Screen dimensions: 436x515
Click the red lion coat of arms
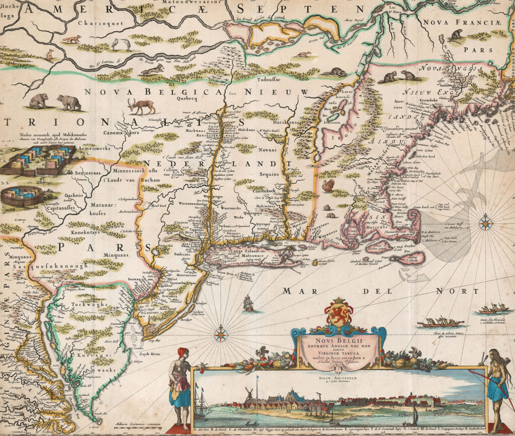338,313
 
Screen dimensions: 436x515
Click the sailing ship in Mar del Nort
248,303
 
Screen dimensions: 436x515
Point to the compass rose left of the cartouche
220,333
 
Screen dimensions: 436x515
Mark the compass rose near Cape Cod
485,222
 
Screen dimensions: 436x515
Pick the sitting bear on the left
38,101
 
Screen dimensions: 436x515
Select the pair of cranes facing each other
121,44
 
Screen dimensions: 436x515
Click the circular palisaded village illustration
21,196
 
